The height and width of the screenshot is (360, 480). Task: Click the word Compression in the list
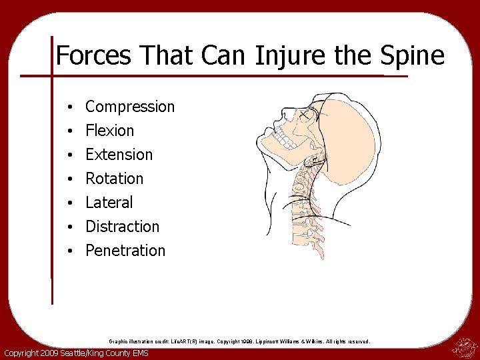click(x=130, y=107)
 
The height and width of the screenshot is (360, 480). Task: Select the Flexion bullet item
click(x=110, y=131)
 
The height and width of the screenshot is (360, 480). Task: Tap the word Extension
click(x=119, y=155)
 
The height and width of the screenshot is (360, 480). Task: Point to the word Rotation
click(x=115, y=179)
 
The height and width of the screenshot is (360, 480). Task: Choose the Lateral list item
click(x=109, y=203)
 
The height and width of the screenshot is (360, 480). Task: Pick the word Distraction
click(x=123, y=227)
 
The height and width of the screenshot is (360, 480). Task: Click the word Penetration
click(x=125, y=251)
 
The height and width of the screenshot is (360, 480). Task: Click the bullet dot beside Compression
click(x=69, y=107)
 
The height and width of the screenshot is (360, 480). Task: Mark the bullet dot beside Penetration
click(x=69, y=251)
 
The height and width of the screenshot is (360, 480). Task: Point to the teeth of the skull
click(x=285, y=142)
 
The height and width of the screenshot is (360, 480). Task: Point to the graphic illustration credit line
click(x=239, y=341)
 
